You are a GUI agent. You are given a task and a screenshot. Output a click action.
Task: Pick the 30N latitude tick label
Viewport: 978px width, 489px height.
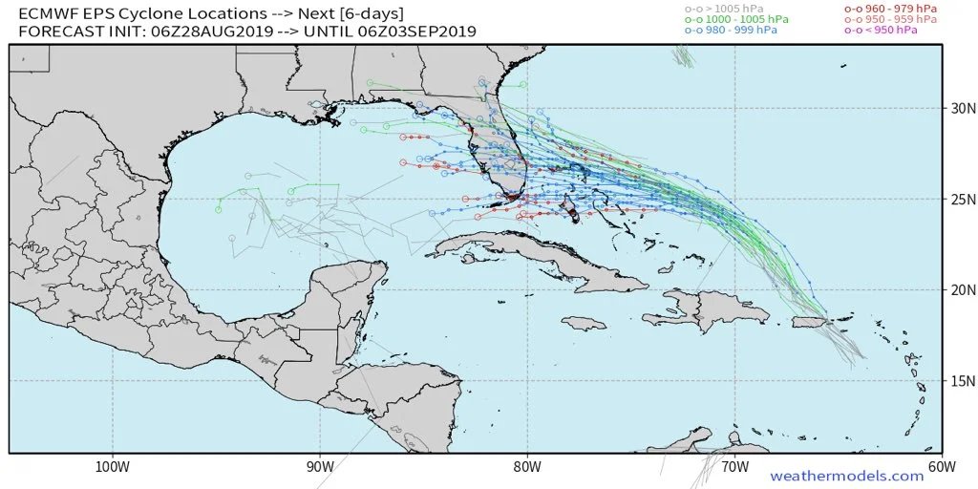959,109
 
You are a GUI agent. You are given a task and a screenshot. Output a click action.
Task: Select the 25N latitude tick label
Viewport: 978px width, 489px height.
959,200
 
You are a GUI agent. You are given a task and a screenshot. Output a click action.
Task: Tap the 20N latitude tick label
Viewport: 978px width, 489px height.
959,290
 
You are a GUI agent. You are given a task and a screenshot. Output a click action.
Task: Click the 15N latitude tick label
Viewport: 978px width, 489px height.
959,381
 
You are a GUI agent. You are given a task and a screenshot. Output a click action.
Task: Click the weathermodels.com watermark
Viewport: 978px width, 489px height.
846,476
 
